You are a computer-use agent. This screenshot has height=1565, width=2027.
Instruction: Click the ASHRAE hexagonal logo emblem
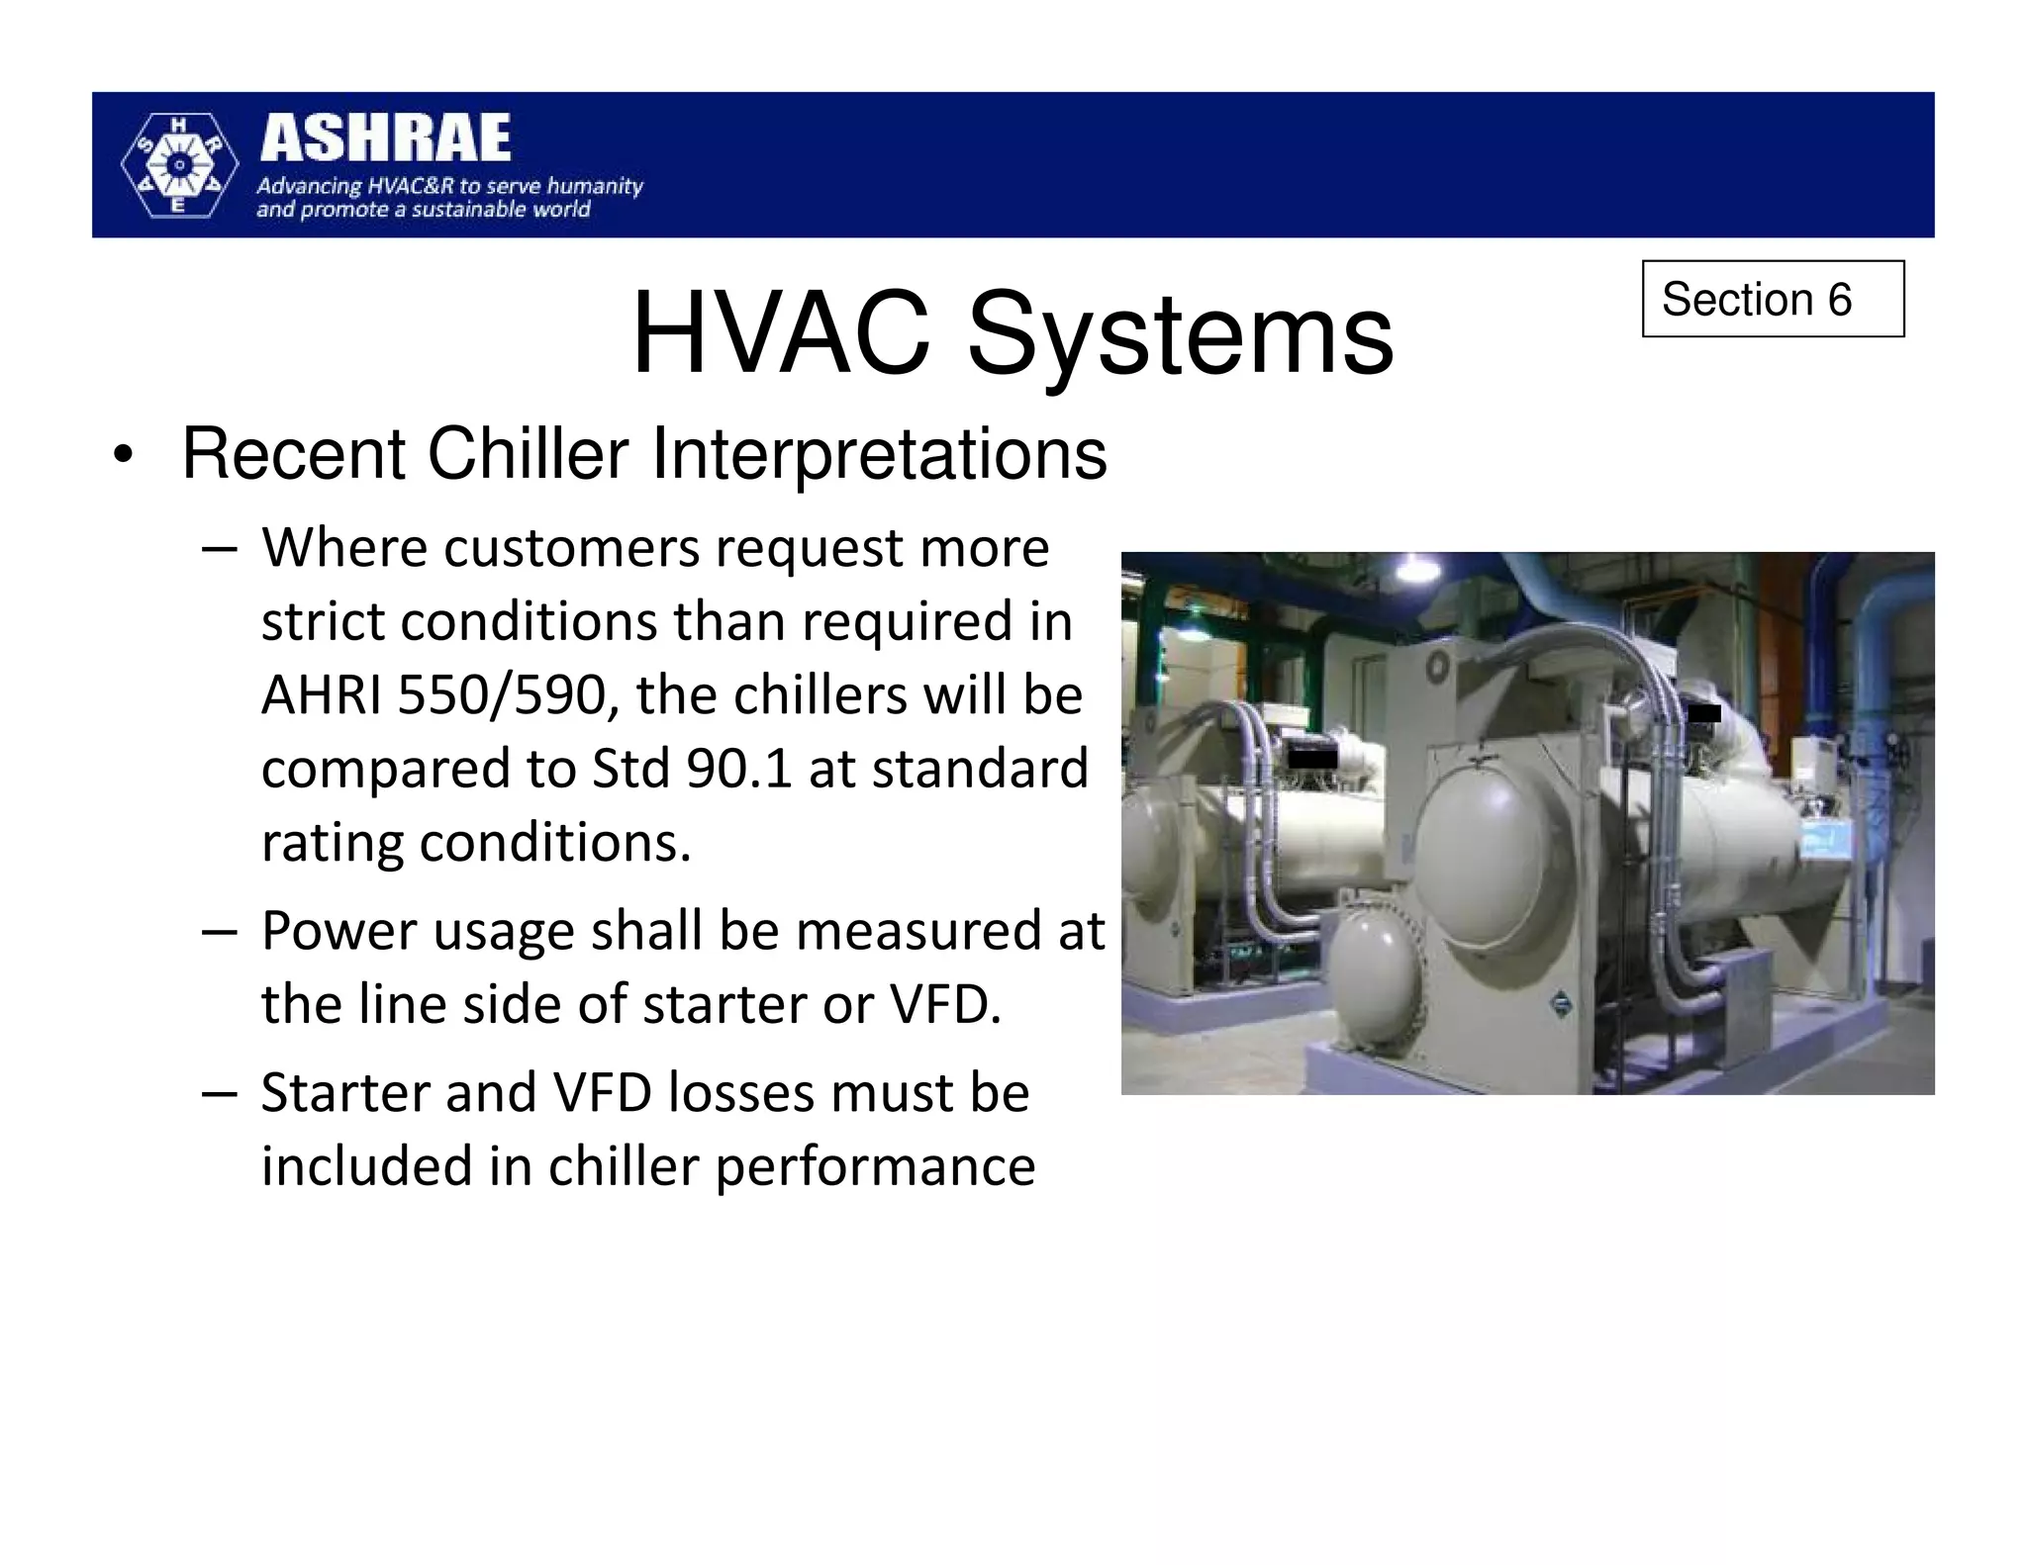coord(179,165)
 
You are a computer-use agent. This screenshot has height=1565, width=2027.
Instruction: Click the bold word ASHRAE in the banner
coord(385,138)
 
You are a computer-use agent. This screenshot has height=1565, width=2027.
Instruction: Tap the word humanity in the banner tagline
coord(595,186)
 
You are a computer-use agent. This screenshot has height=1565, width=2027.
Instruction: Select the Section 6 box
coord(1772,299)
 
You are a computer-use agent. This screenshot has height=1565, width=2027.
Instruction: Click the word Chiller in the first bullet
coord(528,454)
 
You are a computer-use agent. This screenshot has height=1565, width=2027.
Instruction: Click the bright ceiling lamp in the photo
coord(1416,568)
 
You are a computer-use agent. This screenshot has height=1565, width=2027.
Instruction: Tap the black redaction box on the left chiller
coord(1312,759)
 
